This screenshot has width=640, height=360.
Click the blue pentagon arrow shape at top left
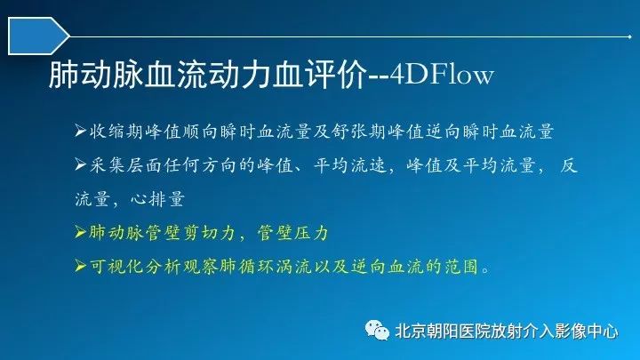click(37, 36)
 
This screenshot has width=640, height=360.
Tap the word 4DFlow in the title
click(442, 75)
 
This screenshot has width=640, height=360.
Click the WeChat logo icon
click(377, 330)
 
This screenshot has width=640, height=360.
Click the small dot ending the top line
click(630, 36)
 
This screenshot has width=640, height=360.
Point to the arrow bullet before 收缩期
click(80, 131)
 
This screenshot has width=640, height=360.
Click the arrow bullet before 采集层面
click(80, 165)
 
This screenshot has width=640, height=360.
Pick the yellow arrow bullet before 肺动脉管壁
click(80, 233)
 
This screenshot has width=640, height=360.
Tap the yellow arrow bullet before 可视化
click(80, 267)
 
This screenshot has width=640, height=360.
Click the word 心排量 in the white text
click(158, 199)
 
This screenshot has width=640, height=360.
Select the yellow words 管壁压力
click(293, 233)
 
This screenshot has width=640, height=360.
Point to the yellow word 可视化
click(116, 267)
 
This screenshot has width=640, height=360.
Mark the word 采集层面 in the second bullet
click(125, 165)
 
